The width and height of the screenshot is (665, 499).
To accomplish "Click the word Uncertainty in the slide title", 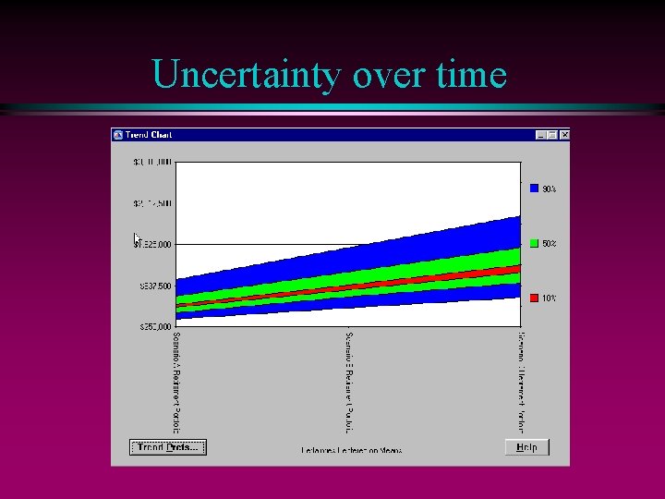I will tap(247, 74).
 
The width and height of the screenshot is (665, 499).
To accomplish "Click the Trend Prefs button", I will tap(167, 447).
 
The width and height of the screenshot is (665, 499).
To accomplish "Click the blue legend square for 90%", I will tap(534, 189).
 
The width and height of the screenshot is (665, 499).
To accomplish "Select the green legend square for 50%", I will tap(534, 243).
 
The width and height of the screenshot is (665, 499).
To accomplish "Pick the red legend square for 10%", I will tap(534, 298).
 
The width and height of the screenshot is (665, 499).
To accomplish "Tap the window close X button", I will tap(564, 135).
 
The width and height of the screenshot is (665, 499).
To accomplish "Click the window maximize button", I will tap(552, 135).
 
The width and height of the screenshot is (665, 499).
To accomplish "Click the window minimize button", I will tap(541, 135).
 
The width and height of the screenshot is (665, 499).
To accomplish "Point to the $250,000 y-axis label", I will tap(152, 327).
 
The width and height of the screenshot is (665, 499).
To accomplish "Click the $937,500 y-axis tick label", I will tap(152, 286).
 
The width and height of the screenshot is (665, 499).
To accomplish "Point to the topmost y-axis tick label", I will tap(152, 163).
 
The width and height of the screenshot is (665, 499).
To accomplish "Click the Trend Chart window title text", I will tap(149, 135).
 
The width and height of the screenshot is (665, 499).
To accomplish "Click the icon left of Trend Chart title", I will tap(118, 135).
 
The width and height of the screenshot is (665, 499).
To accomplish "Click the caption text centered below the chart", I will tap(351, 451).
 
